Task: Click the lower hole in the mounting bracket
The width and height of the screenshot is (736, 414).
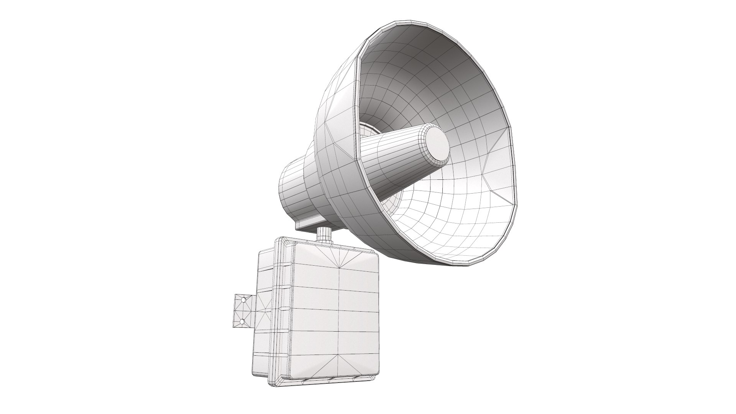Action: [242, 322]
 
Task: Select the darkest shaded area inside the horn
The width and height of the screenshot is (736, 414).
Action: [433, 58]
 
